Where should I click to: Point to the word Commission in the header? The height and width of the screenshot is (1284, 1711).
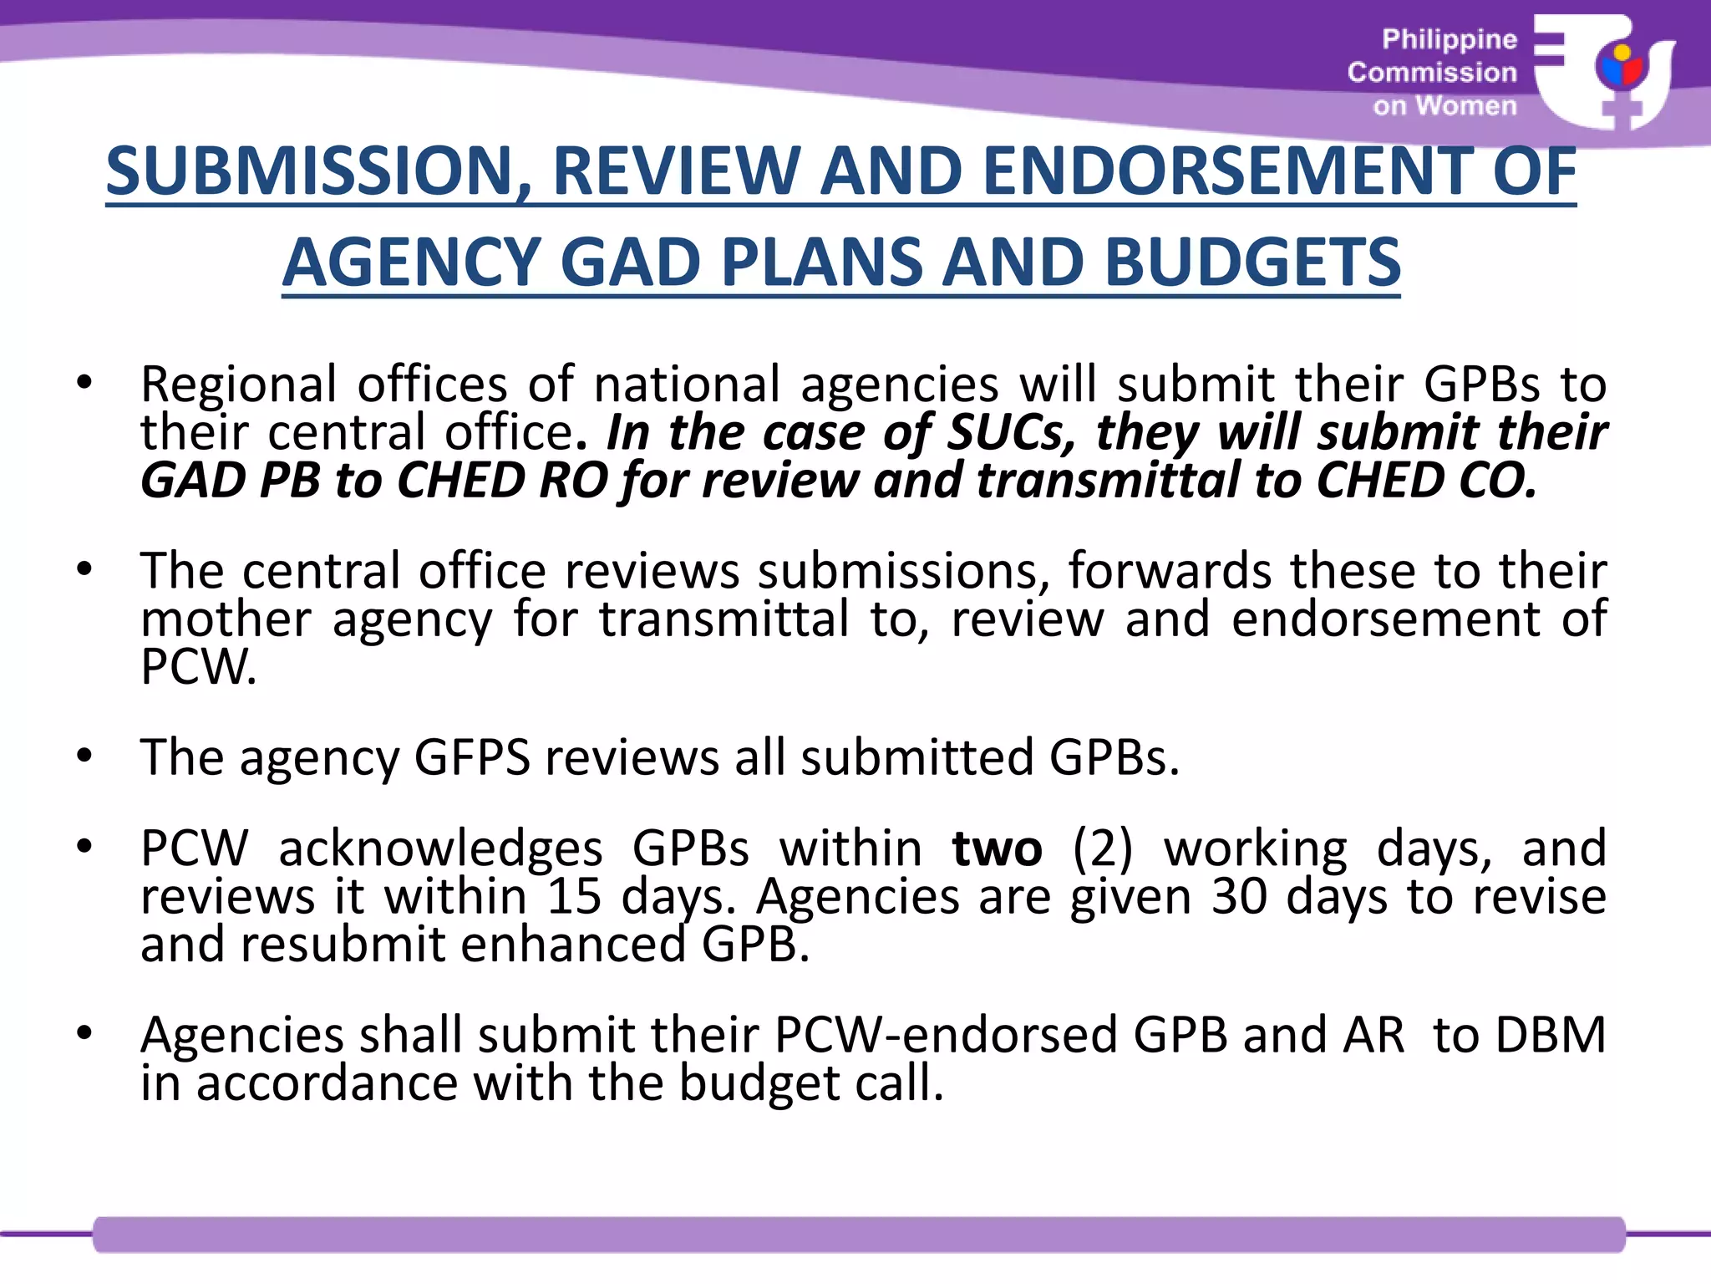(x=1432, y=73)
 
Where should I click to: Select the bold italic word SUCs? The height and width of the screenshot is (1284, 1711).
(x=1012, y=433)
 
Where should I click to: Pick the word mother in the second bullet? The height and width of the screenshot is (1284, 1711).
(x=226, y=619)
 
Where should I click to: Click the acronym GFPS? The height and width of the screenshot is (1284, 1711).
(x=472, y=757)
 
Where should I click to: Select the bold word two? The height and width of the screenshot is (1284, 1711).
(x=997, y=848)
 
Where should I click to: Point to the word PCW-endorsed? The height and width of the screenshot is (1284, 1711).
(x=953, y=1035)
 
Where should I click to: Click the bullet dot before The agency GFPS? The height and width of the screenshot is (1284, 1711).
(x=84, y=756)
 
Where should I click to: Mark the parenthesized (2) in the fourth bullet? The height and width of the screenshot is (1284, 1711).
(x=1103, y=848)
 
